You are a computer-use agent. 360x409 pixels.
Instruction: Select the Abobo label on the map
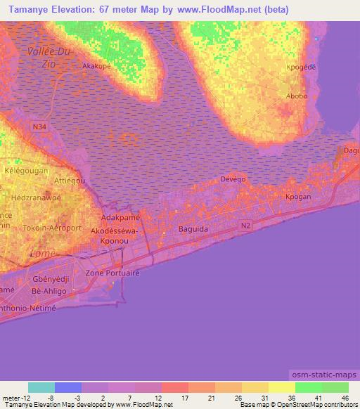point(296,96)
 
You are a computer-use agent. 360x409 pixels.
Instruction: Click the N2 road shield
point(244,225)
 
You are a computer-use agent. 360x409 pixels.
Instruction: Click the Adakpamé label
point(122,219)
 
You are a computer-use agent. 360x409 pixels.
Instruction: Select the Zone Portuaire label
point(112,272)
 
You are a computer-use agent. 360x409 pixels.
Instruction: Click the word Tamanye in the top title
point(31,9)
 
